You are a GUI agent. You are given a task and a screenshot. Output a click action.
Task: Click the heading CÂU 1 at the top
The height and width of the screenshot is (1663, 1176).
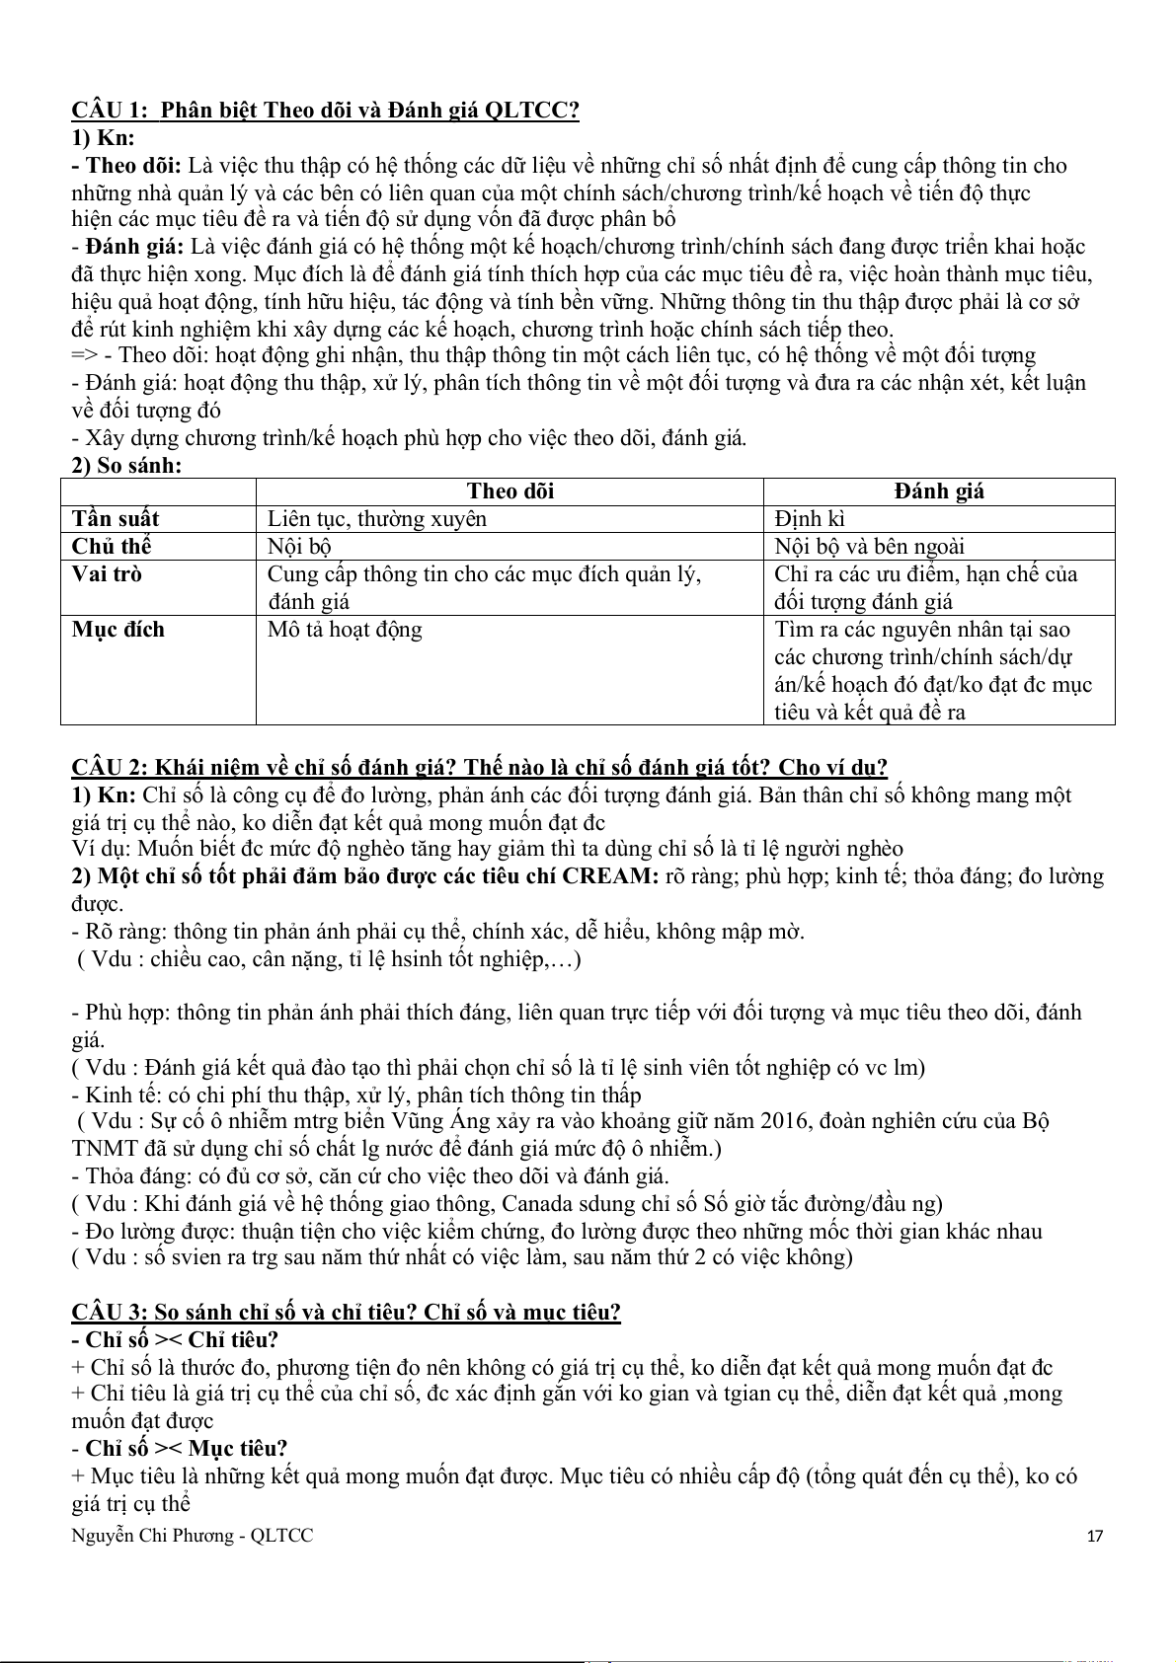pyautogui.click(x=325, y=110)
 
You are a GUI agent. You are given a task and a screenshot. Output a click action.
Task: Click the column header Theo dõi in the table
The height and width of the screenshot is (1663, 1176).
pyautogui.click(x=510, y=491)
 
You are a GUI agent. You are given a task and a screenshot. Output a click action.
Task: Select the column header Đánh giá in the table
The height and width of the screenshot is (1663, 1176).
pyautogui.click(x=939, y=491)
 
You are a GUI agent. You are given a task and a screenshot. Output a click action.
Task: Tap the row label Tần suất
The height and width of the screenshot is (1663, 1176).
pyautogui.click(x=116, y=519)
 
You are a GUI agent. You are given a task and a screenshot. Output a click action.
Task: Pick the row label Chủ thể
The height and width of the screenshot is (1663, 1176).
pyautogui.click(x=112, y=547)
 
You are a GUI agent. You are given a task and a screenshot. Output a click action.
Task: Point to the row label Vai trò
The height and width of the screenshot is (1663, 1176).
pyautogui.click(x=107, y=574)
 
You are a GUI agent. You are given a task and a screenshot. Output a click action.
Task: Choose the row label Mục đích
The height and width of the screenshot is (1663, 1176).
pyautogui.click(x=118, y=630)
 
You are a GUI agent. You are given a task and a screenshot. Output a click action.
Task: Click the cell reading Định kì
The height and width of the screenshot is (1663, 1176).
pyautogui.click(x=810, y=519)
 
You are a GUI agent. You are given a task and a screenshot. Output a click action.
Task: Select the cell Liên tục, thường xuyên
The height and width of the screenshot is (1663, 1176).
pyautogui.click(x=376, y=519)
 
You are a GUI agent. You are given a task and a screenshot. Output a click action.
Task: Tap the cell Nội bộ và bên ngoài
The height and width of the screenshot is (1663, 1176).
pyautogui.click(x=869, y=547)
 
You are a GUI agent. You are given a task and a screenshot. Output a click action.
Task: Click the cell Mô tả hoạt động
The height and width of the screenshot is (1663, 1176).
pyautogui.click(x=345, y=630)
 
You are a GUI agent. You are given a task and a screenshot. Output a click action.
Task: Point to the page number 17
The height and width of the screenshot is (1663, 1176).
pyautogui.click(x=1094, y=1536)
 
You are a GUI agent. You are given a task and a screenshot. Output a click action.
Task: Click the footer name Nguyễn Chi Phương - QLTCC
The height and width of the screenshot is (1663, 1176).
pyautogui.click(x=193, y=1536)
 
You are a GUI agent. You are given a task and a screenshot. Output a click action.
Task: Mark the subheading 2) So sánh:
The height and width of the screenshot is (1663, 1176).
pyautogui.click(x=126, y=465)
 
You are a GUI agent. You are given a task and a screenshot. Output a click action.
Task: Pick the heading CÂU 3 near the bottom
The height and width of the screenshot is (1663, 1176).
pyautogui.click(x=346, y=1313)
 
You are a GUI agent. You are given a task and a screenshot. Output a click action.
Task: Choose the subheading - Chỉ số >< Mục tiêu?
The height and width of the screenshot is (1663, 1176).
pyautogui.click(x=180, y=1449)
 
